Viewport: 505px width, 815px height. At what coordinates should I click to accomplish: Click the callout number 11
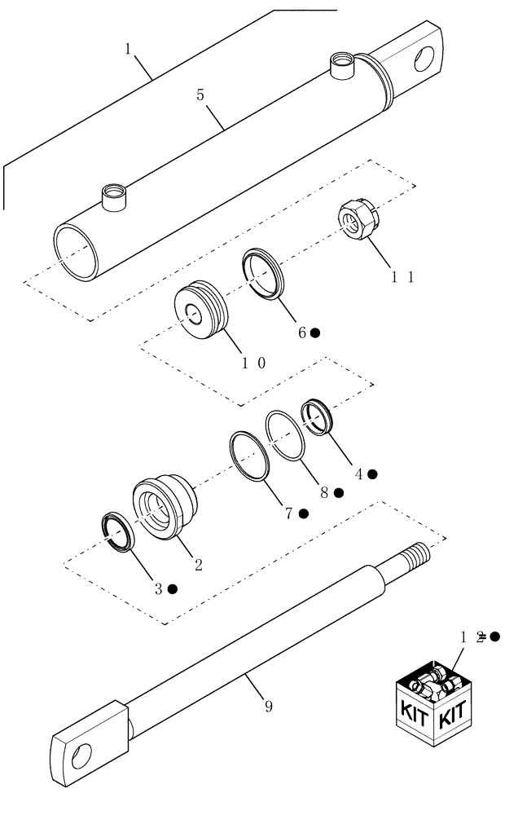[402, 277]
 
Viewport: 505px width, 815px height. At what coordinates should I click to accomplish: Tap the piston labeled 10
[199, 308]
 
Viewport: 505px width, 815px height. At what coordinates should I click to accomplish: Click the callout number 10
[252, 362]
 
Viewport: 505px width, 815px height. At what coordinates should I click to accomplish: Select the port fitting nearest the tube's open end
[112, 198]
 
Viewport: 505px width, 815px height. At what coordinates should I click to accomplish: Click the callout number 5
[200, 95]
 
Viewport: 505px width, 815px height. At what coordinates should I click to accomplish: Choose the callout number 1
[129, 50]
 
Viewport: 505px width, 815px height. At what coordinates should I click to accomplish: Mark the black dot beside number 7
[303, 513]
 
